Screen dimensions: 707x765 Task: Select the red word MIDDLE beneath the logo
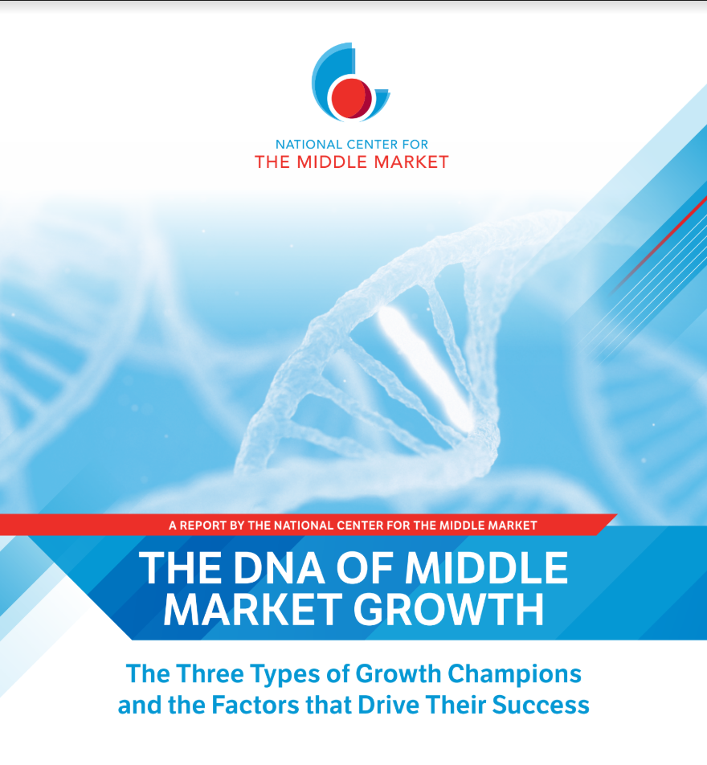333,162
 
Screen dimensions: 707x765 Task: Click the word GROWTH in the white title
448,609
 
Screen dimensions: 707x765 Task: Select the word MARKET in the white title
253,609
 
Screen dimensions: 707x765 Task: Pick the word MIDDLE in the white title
486,567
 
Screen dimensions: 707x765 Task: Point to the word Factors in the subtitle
255,706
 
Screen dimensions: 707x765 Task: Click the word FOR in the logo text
415,145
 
